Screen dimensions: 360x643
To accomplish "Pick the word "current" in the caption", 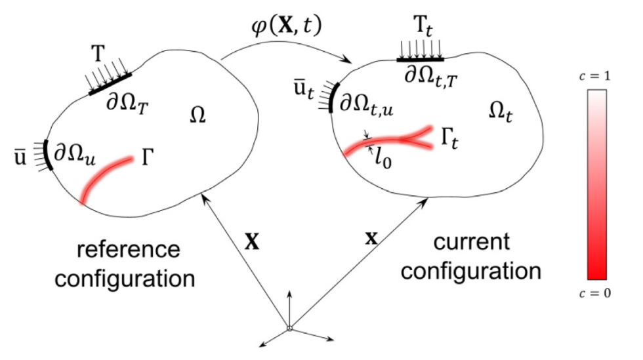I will [x=472, y=242].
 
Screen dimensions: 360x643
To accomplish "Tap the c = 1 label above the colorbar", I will [x=596, y=77].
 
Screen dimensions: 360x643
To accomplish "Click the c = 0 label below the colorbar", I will [x=596, y=293].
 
